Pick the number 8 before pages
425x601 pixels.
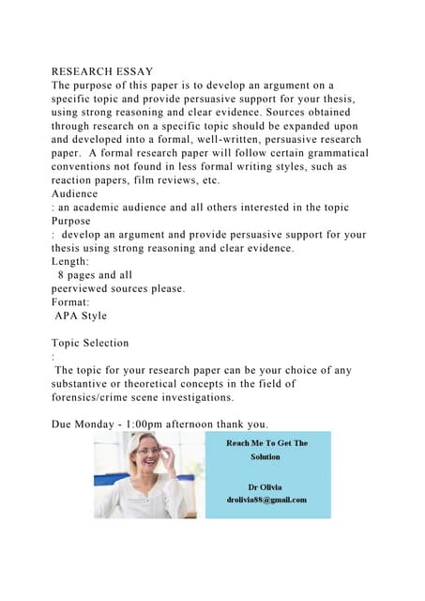(61, 275)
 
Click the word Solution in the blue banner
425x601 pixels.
(265, 457)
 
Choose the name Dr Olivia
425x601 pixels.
(265, 487)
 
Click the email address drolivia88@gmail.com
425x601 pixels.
(265, 500)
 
